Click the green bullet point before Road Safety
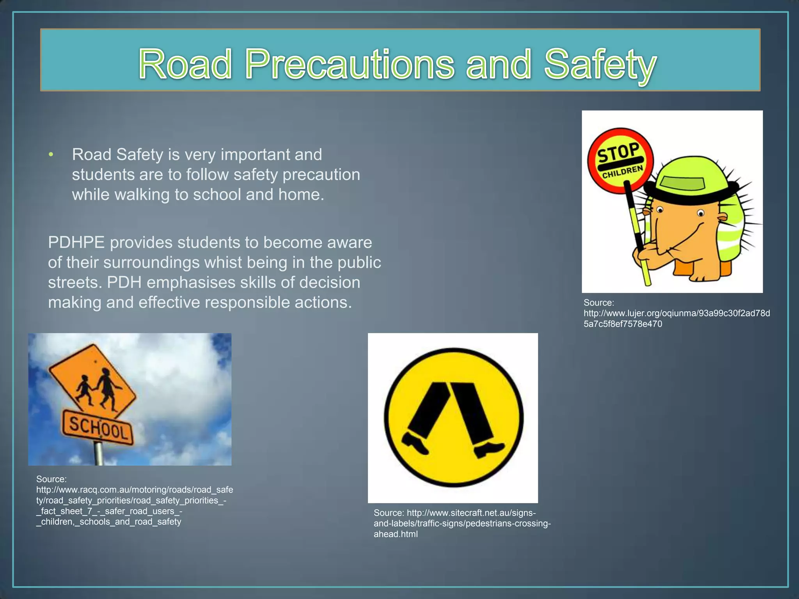pyautogui.click(x=50, y=155)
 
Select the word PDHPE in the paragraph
pyautogui.click(x=76, y=243)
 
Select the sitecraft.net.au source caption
pyautogui.click(x=462, y=523)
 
